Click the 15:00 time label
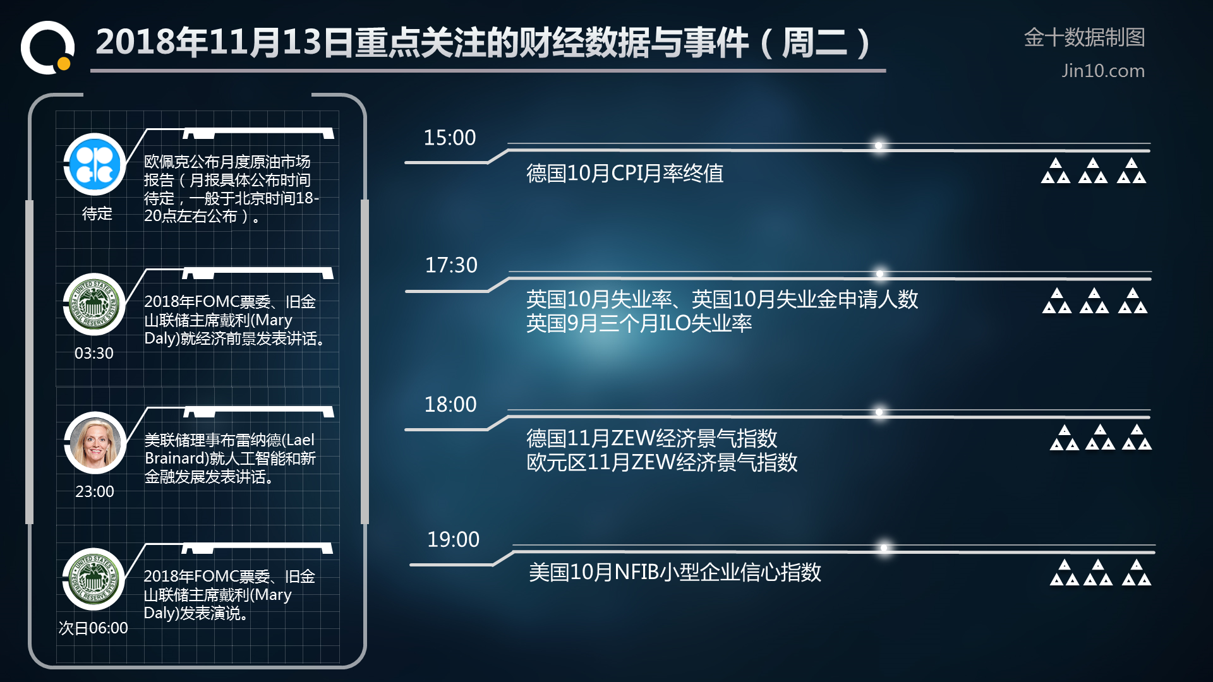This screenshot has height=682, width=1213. point(449,138)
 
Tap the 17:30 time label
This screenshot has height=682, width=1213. point(451,265)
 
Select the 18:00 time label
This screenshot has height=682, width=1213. point(450,405)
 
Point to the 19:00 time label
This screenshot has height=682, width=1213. point(453,540)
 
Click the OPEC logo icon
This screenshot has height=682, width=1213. point(95,164)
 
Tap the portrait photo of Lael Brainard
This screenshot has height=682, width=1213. point(95,443)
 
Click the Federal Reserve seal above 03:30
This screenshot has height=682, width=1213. point(95,304)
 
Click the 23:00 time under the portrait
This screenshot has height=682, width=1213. point(95,491)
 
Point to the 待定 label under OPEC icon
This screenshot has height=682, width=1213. point(97,213)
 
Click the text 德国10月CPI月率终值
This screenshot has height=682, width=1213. point(625,173)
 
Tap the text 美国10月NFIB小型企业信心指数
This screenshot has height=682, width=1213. point(675,572)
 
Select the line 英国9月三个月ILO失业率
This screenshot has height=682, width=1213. point(639,323)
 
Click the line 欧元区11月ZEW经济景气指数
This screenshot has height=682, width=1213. point(661,462)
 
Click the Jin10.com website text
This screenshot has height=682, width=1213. point(1102,71)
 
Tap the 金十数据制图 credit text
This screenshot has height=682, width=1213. point(1084,37)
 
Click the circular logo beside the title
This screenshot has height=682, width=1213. point(48,47)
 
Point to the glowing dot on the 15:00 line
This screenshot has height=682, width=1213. point(878,146)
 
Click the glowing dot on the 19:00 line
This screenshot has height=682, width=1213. point(884,547)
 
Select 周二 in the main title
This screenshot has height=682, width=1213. point(814,43)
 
